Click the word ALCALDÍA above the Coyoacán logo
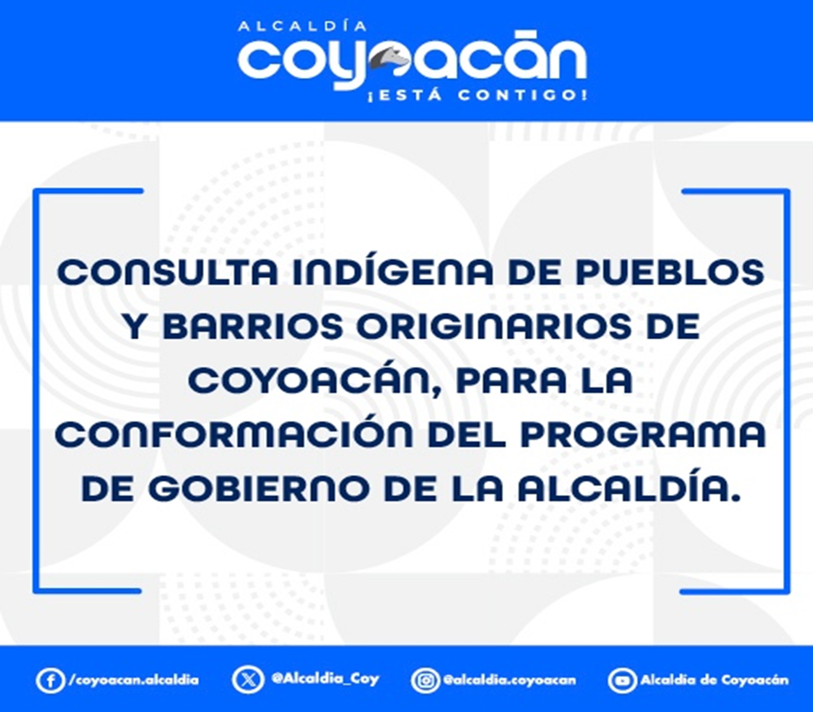pyautogui.click(x=302, y=27)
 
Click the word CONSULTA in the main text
pyautogui.click(x=168, y=273)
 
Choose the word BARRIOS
pyautogui.click(x=253, y=327)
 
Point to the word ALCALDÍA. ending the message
pyautogui.click(x=629, y=489)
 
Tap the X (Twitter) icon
pyautogui.click(x=248, y=680)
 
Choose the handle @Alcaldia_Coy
pyautogui.click(x=325, y=679)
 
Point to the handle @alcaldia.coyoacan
pyautogui.click(x=509, y=680)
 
